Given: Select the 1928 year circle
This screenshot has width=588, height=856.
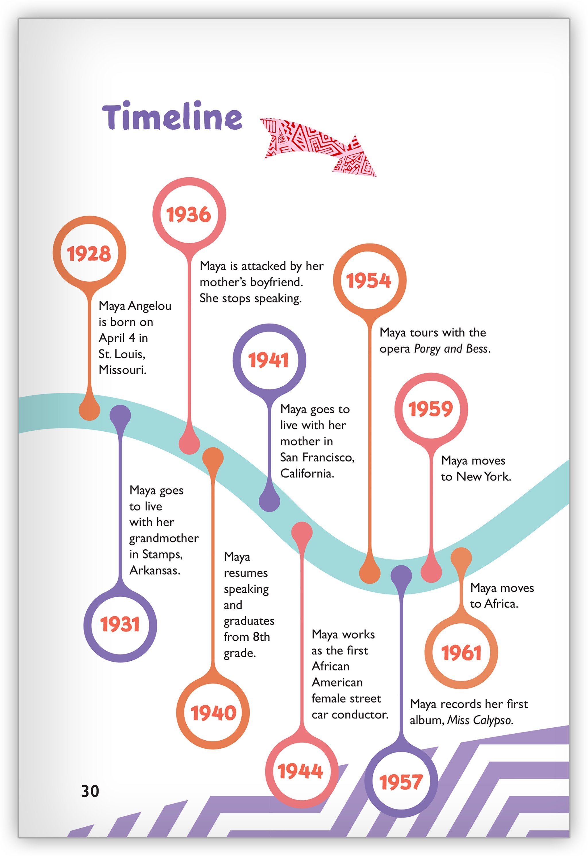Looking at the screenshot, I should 89,254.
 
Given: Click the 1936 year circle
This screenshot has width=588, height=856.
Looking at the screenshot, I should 189,215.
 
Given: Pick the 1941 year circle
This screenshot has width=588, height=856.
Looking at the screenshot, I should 269,360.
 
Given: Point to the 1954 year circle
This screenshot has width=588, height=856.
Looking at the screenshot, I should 369,281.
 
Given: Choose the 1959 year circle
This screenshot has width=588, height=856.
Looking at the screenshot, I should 431,409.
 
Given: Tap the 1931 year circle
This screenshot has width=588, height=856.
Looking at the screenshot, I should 120,624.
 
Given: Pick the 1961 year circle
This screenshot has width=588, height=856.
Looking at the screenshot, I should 461,653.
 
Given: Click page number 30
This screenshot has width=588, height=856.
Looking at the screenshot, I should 90,791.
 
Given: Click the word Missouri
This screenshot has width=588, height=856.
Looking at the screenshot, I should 122,370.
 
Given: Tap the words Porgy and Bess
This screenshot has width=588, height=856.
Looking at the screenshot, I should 452,349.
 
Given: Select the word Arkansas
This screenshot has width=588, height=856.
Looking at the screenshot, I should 154,570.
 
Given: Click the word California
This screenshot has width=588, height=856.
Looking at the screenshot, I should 307,474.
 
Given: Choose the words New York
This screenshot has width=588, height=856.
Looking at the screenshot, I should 483,477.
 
